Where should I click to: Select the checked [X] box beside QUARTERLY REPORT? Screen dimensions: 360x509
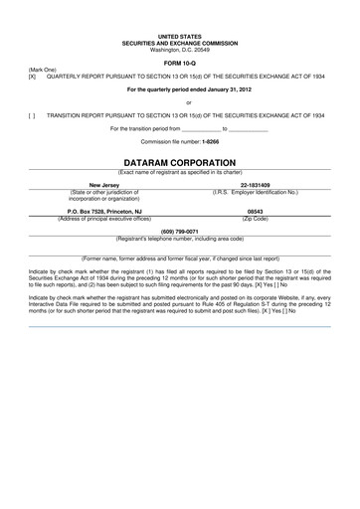pyautogui.click(x=32, y=76)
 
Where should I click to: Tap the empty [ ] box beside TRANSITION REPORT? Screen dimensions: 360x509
pyautogui.click(x=32, y=115)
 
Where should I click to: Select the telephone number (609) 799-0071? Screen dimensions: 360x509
pyautogui.click(x=180, y=232)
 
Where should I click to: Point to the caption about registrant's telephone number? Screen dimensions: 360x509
pyautogui.click(x=180, y=239)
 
